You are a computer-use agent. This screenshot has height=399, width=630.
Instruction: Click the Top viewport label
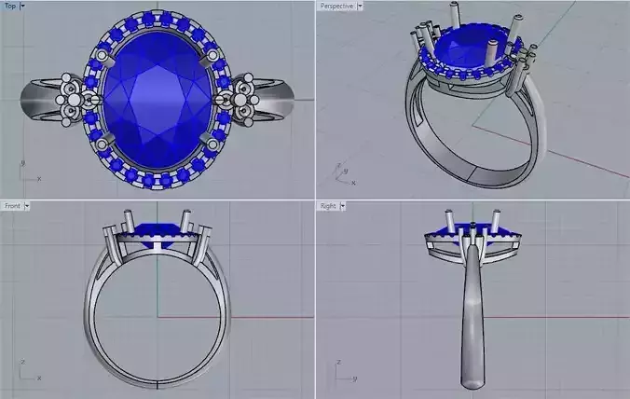pos(9,6)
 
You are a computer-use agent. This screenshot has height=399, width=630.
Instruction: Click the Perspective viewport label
pos(336,6)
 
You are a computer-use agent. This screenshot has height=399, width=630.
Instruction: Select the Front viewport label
pos(11,205)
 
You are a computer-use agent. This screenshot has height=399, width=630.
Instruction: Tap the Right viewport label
pos(328,205)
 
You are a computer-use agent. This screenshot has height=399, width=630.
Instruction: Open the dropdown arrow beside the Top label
pos(22,6)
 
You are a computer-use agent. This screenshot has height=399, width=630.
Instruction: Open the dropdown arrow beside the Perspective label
pos(360,6)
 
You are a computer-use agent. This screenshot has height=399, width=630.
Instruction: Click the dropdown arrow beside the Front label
pos(27,205)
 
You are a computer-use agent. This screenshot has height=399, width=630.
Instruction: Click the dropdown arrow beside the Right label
pos(344,205)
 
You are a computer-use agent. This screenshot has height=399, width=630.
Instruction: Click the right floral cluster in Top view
pos(240,95)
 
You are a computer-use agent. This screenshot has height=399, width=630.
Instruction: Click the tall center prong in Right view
pos(473,233)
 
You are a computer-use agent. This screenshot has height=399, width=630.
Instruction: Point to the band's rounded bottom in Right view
pos(473,378)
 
